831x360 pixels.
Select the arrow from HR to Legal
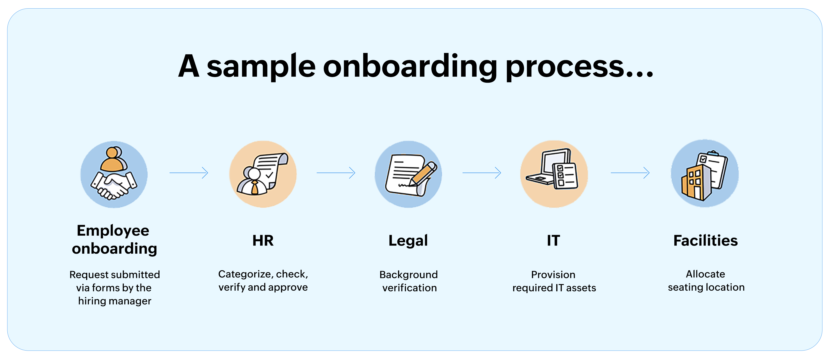pos(336,173)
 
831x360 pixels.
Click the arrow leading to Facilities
pos(630,173)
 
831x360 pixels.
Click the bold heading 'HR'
pos(263,241)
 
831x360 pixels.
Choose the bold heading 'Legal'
pos(408,241)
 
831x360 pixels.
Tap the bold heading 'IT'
pos(553,241)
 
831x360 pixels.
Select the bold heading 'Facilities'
pos(705,241)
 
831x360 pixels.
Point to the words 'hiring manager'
pos(114,301)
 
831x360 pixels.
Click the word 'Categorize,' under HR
pos(245,274)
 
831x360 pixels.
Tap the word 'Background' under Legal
pos(408,275)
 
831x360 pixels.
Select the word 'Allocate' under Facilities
pos(705,274)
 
